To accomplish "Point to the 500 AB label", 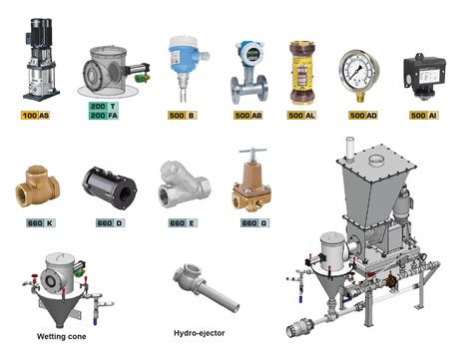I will [x=247, y=116].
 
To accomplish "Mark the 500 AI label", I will [x=424, y=116].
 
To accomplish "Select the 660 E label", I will [x=179, y=223].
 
